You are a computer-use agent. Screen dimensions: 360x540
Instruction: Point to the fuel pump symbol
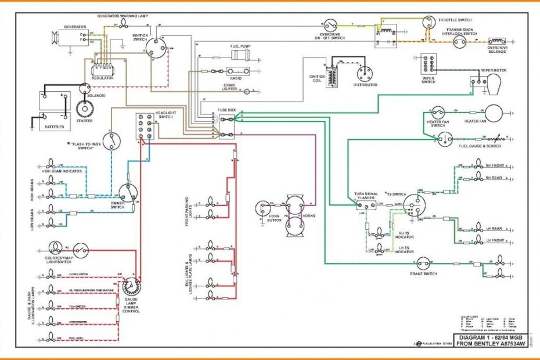point(240,55)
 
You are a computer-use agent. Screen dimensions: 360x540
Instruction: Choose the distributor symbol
point(365,74)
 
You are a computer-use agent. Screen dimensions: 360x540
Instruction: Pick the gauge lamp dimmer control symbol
point(131,287)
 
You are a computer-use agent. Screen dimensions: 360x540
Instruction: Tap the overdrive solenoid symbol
point(497,41)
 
